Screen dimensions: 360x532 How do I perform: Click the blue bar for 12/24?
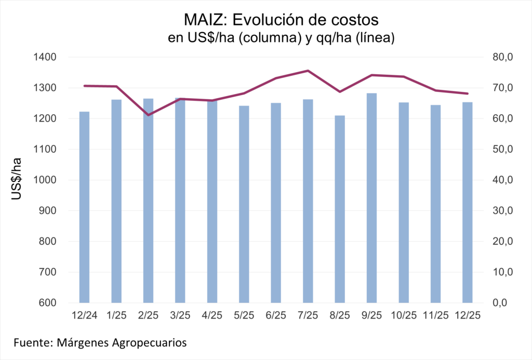[x=84, y=208]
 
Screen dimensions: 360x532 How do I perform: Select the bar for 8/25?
[x=340, y=208]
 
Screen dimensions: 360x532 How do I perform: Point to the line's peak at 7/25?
[x=308, y=71]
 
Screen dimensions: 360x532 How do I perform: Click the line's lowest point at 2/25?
[x=148, y=115]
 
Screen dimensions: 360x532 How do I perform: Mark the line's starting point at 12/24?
[x=84, y=86]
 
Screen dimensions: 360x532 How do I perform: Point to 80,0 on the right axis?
[x=502, y=57]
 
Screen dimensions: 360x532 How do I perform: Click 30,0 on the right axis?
[x=502, y=211]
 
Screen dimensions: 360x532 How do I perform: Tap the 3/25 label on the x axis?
[x=180, y=315]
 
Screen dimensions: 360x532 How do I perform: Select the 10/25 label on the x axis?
[x=404, y=315]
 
